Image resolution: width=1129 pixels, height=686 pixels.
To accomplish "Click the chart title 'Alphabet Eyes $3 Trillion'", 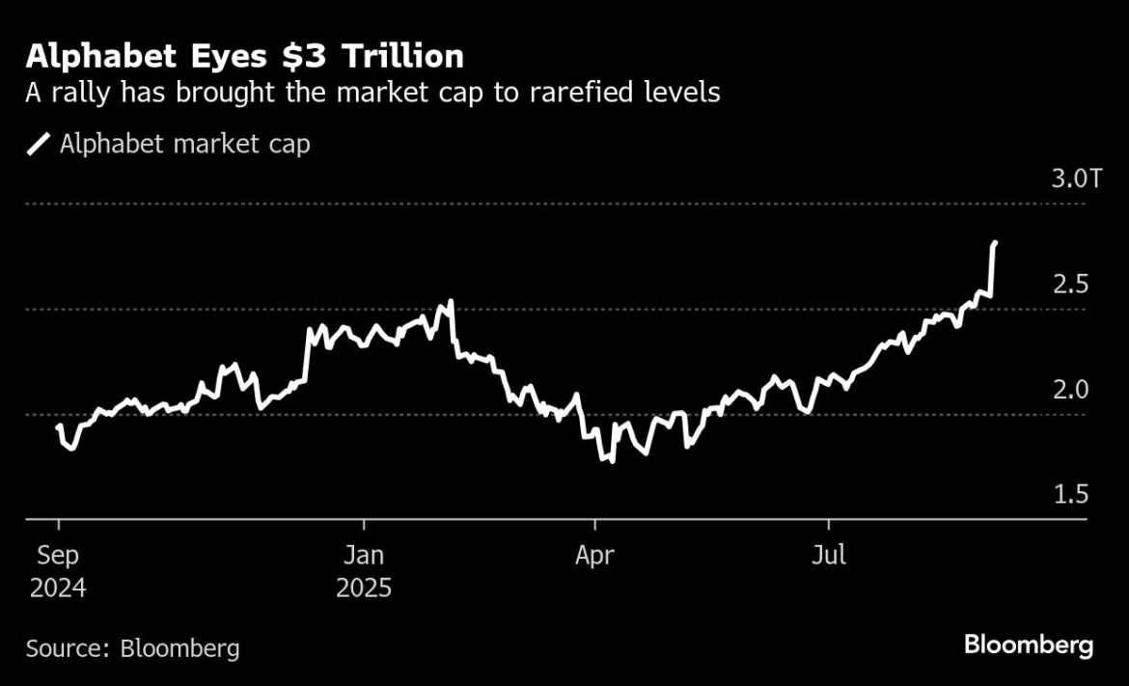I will [x=245, y=58].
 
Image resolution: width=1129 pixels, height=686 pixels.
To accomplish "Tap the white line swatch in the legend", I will [x=39, y=145].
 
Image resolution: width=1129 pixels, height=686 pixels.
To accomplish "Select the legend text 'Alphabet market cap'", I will [x=184, y=145].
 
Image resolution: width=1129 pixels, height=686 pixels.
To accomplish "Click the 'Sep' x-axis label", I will [x=58, y=556].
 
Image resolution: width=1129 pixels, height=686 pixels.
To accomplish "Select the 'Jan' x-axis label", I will [x=364, y=556].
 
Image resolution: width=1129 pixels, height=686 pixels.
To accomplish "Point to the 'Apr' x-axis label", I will [x=594, y=556].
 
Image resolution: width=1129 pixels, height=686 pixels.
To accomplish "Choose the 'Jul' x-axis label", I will [x=828, y=556].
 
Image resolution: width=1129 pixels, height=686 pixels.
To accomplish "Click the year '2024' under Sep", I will [x=58, y=588].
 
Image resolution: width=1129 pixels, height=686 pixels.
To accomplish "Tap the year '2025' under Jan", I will [x=364, y=588].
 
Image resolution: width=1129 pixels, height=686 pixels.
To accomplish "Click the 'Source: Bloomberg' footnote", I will [x=133, y=647].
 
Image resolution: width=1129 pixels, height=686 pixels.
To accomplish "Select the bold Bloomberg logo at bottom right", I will [x=1029, y=645].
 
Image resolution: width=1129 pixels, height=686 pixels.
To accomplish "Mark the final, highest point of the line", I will [x=995, y=243].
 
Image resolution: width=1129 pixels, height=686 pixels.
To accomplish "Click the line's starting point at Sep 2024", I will [x=59, y=425].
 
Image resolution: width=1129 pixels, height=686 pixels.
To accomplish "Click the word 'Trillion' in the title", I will [x=396, y=58].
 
